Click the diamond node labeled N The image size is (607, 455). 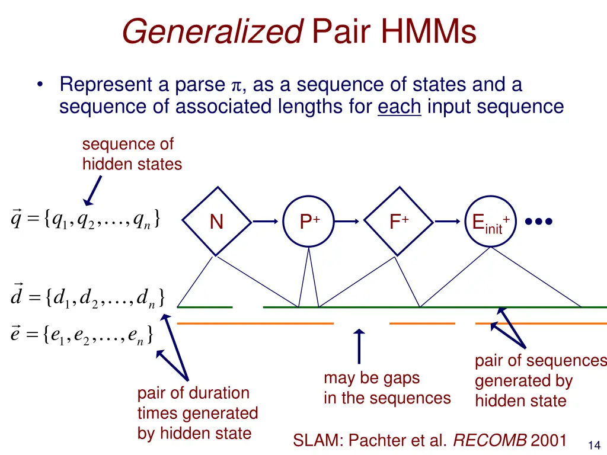[x=217, y=222]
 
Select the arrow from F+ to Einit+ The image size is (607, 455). [x=448, y=222]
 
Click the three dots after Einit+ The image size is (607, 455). [x=539, y=222]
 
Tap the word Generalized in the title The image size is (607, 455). [x=212, y=32]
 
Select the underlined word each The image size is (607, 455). [x=399, y=107]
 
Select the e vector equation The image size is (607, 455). [x=82, y=335]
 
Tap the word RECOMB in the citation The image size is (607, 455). [x=490, y=440]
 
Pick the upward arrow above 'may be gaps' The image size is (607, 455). [x=359, y=346]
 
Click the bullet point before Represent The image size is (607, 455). [x=39, y=85]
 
